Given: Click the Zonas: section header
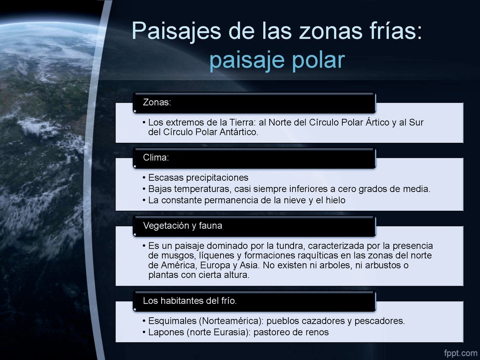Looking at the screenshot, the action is [x=157, y=102].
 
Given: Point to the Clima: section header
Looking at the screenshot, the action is [x=156, y=157].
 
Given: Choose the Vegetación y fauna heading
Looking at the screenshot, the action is [x=182, y=226].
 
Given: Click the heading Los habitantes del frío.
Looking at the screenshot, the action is [x=190, y=301].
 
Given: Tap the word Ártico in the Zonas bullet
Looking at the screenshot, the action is [x=377, y=122].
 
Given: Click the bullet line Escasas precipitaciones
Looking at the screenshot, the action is [x=198, y=178].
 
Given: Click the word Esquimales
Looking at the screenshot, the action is [x=172, y=321].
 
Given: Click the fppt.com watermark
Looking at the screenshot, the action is [x=461, y=353].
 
